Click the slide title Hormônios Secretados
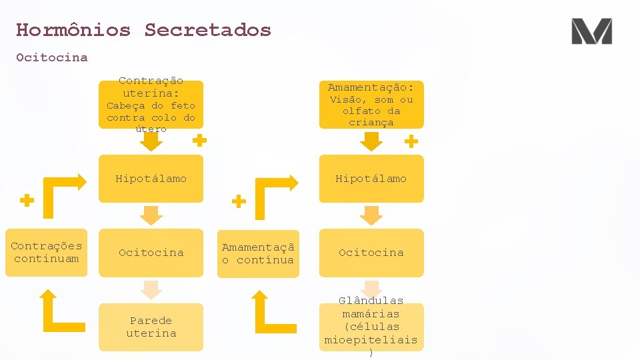pyautogui.click(x=143, y=30)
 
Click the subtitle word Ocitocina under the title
pyautogui.click(x=52, y=57)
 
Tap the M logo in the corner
pyautogui.click(x=591, y=31)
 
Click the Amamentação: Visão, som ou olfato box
pyautogui.click(x=371, y=104)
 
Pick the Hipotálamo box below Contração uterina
pyautogui.click(x=151, y=179)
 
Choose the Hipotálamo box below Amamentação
pyautogui.click(x=371, y=179)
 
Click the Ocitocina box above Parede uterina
pyautogui.click(x=151, y=253)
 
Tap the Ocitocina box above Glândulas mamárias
pyautogui.click(x=371, y=253)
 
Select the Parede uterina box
pyautogui.click(x=151, y=327)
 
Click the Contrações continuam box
pyautogui.click(x=46, y=253)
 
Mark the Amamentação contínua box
pyautogui.click(x=257, y=253)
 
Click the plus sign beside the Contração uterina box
pyautogui.click(x=199, y=141)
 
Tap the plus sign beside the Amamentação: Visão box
pyautogui.click(x=411, y=141)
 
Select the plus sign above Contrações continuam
pyautogui.click(x=27, y=200)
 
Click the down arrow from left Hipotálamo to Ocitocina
pyautogui.click(x=151, y=215)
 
